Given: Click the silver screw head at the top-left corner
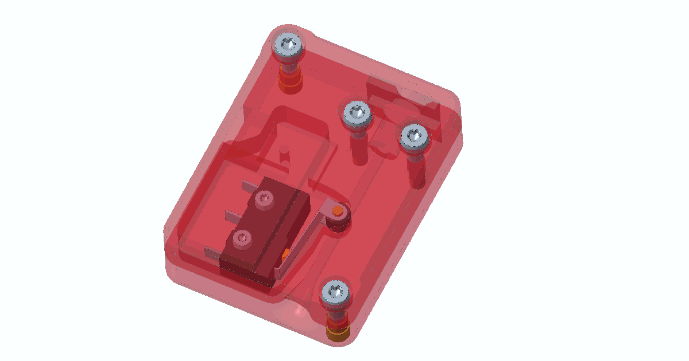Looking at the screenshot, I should [x=288, y=45].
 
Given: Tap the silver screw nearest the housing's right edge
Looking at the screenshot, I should [x=414, y=136].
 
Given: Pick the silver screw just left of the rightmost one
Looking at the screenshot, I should [x=357, y=113].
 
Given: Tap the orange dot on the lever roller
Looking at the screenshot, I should [x=338, y=212].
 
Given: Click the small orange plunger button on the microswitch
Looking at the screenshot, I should [x=285, y=252].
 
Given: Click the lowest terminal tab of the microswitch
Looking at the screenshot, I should [x=212, y=251].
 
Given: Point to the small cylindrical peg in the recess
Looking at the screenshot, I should [x=284, y=153].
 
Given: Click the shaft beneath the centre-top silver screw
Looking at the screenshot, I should [x=358, y=146].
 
